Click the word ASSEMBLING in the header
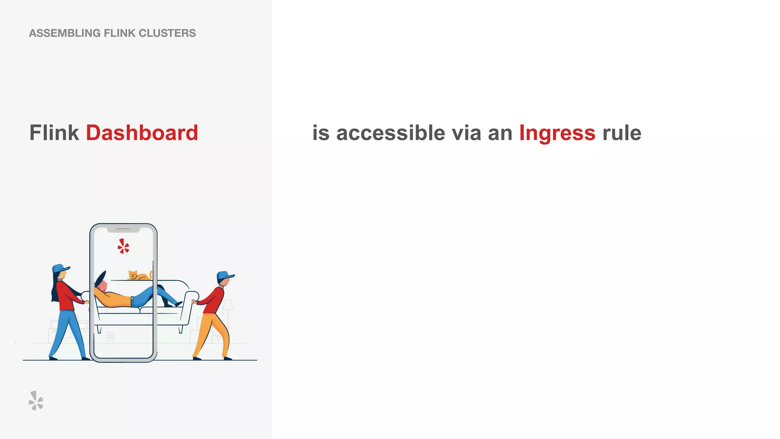tap(65, 33)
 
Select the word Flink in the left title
tap(54, 133)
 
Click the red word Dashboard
tap(142, 133)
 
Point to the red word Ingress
tap(557, 133)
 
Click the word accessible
tap(390, 133)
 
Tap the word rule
tap(622, 133)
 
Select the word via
tap(466, 133)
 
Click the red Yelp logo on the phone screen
tap(123, 246)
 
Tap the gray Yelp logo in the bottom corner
tap(36, 401)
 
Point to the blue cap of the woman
tap(60, 268)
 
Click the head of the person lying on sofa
tap(102, 284)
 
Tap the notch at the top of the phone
tap(123, 229)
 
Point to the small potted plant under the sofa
tap(110, 337)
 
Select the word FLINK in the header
tap(119, 33)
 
